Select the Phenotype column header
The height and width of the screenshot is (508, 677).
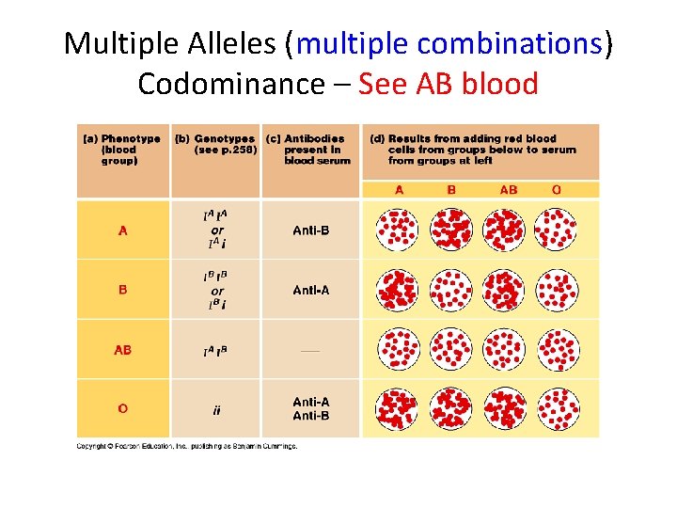coord(122,149)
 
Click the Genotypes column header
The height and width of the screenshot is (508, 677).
coord(214,144)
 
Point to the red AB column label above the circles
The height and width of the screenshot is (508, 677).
coord(508,189)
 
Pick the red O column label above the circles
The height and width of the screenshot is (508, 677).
coord(557,189)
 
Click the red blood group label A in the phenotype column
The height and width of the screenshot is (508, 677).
coord(122,230)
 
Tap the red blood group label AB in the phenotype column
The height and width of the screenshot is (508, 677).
coord(122,350)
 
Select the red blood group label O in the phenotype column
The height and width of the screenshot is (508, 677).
coord(122,408)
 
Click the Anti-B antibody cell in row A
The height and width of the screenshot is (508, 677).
coord(310,230)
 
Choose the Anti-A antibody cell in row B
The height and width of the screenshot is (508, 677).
coord(310,290)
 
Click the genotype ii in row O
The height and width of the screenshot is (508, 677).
coord(216,409)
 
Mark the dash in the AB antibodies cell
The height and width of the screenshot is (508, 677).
coord(310,351)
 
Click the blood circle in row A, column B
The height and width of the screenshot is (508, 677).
coord(450,230)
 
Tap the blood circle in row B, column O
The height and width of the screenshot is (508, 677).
coord(557,290)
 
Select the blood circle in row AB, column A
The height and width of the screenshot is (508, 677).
coord(397,350)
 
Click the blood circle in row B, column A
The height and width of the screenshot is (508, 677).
coord(397,290)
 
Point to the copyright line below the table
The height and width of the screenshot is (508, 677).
coord(187,446)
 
